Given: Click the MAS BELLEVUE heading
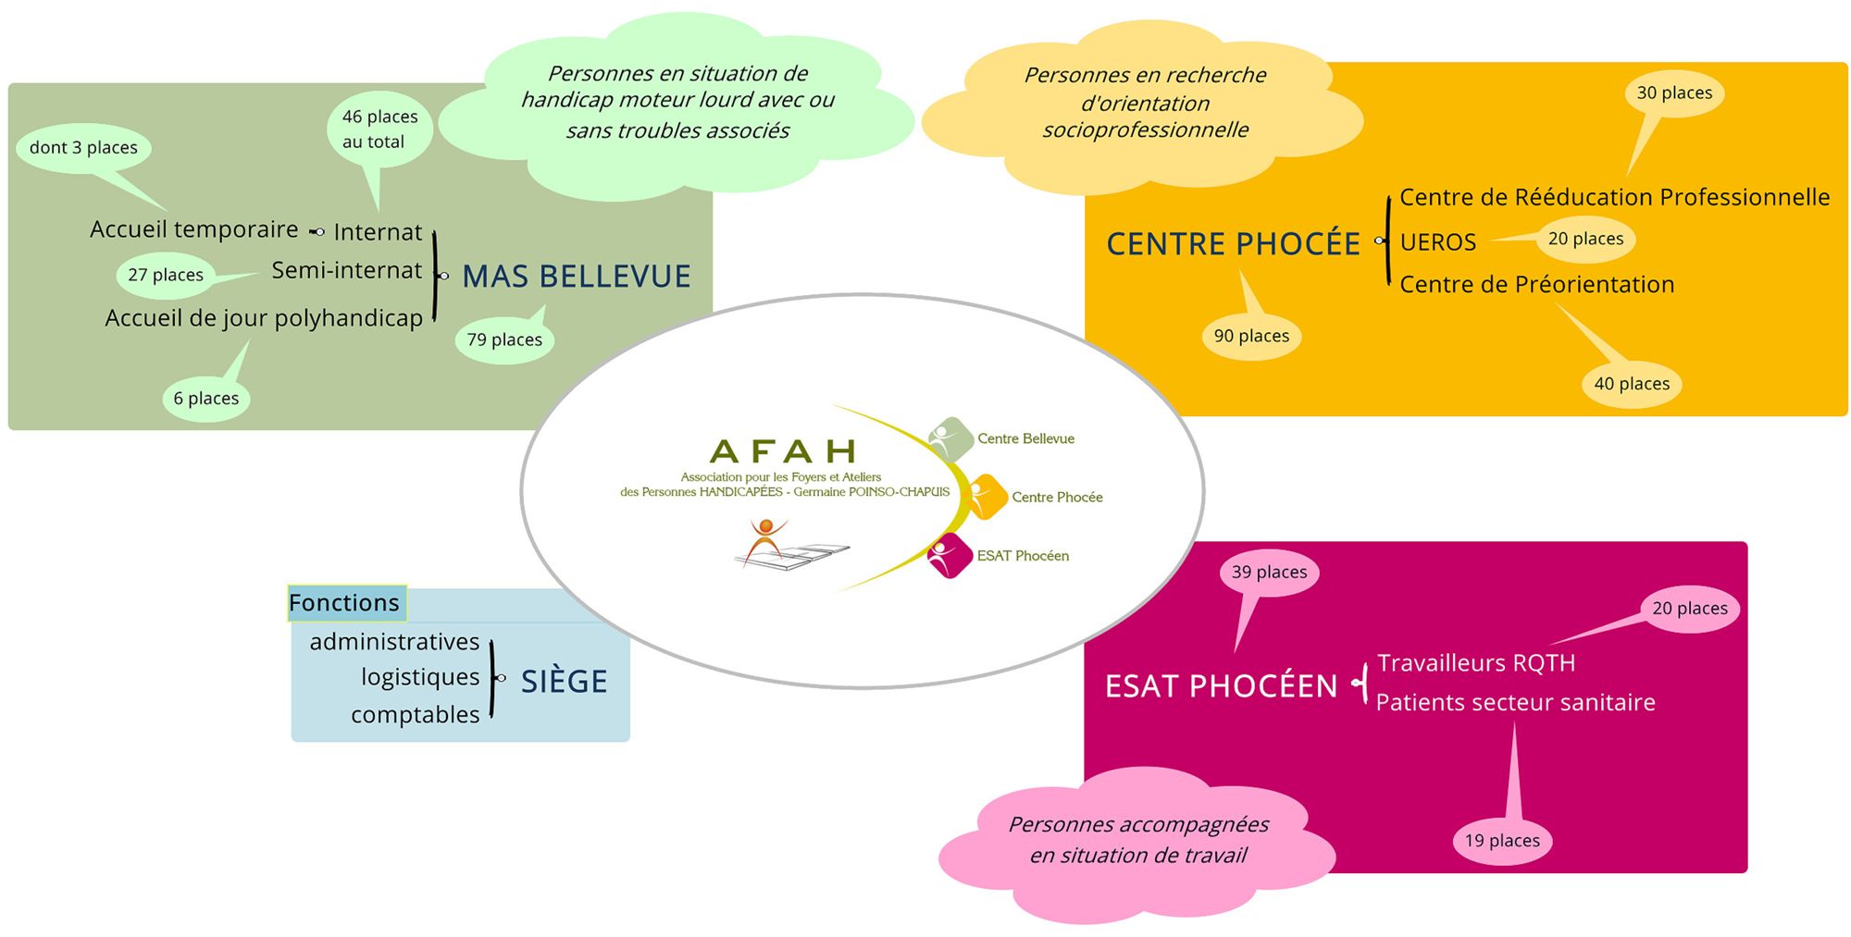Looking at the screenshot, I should click(576, 276).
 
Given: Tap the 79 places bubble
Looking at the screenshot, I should click(504, 339).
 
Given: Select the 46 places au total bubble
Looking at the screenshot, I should click(379, 129).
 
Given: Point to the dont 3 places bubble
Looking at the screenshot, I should click(83, 148).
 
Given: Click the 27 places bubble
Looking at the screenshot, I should click(166, 275).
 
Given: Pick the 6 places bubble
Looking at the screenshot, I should click(206, 399).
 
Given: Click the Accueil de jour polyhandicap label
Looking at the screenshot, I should click(264, 318).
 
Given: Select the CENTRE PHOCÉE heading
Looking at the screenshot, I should click(1233, 243).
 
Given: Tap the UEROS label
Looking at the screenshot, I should click(1437, 242).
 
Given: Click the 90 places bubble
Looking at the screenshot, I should click(1251, 336).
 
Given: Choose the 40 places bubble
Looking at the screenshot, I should click(1632, 384).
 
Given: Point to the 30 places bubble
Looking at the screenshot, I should click(1674, 93).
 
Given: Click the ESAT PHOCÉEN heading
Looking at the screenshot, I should click(1221, 685).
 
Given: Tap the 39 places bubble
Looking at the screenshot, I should click(1269, 573).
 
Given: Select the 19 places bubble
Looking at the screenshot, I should click(1502, 841).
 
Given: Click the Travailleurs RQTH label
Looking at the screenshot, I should click(1475, 663).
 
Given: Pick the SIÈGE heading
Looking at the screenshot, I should click(564, 682).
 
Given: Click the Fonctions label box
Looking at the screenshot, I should click(345, 603).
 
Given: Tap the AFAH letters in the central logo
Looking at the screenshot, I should click(783, 451).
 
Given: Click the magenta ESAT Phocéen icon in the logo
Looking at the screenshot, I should click(949, 556).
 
